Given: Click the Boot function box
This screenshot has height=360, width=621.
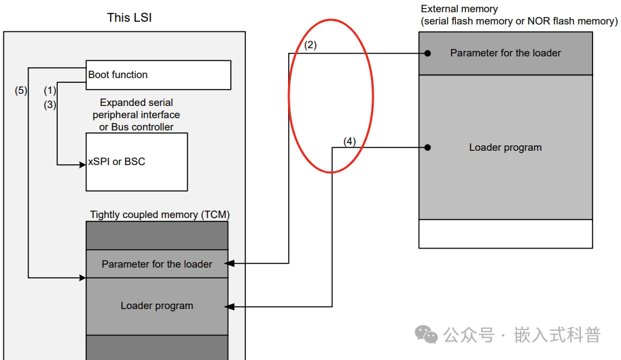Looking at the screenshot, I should (x=158, y=75).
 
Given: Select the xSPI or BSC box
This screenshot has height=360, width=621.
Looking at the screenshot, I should (x=137, y=162).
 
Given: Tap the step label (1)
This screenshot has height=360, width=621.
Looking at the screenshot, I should (x=50, y=90).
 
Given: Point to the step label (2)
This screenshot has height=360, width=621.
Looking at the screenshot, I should (x=310, y=46).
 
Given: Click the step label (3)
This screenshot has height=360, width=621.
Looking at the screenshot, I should (x=50, y=105).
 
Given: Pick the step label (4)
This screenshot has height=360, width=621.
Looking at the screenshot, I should (x=349, y=141).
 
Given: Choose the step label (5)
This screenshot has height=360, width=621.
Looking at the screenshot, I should (x=21, y=90).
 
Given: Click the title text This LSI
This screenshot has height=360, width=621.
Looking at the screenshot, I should (x=129, y=18).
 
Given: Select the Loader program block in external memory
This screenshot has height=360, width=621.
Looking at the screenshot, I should (x=505, y=147).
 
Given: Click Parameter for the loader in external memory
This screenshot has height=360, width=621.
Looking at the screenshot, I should (x=505, y=53).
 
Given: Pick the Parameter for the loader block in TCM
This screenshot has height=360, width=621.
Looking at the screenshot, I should (x=157, y=264).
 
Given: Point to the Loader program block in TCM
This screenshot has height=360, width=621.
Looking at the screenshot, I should (x=157, y=306).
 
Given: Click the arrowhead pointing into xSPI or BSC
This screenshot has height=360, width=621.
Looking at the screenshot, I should (x=82, y=164).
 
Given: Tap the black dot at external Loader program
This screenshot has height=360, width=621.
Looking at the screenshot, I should (x=428, y=147).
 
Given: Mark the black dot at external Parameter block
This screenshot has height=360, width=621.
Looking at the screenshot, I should (x=428, y=53).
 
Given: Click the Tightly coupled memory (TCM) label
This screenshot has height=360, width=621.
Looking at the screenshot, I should (x=160, y=215).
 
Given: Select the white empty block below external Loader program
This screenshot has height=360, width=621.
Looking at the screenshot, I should (x=505, y=234).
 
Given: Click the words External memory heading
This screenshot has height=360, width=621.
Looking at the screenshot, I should (x=459, y=9).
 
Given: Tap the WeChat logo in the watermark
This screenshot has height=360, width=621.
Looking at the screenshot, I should (x=427, y=334).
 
